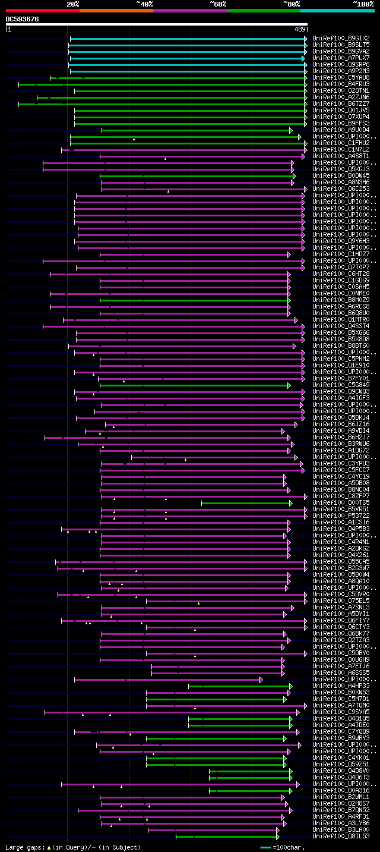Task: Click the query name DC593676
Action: coord(23,19)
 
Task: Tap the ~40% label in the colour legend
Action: coord(144,4)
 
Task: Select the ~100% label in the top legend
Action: coord(363,4)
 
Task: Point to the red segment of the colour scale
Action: coord(42,10)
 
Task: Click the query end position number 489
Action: coord(300,29)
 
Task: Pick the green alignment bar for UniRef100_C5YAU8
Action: coord(178,78)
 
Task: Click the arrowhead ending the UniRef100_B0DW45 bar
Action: coord(294,176)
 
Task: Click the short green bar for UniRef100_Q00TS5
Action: coord(246,503)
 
